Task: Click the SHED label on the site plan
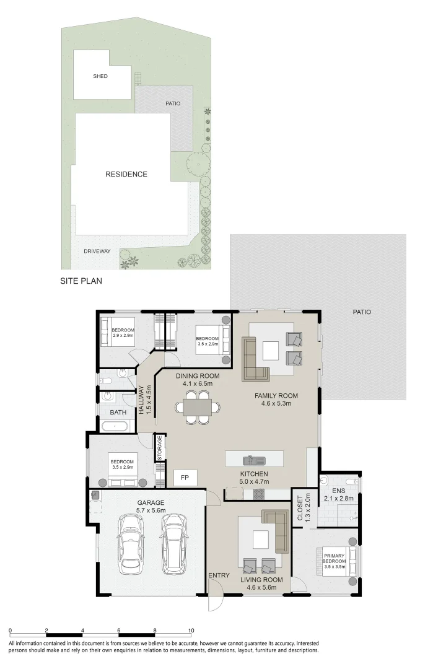pos(100,76)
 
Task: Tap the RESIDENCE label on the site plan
pos(126,174)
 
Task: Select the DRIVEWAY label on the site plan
pos(97,251)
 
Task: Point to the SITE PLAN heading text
pos(81,281)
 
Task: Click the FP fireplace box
pos(185,478)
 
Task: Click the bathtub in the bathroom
pos(115,426)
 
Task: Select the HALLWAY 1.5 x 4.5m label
pos(145,400)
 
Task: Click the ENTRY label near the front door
pos(219,575)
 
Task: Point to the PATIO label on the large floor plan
pos(362,312)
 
